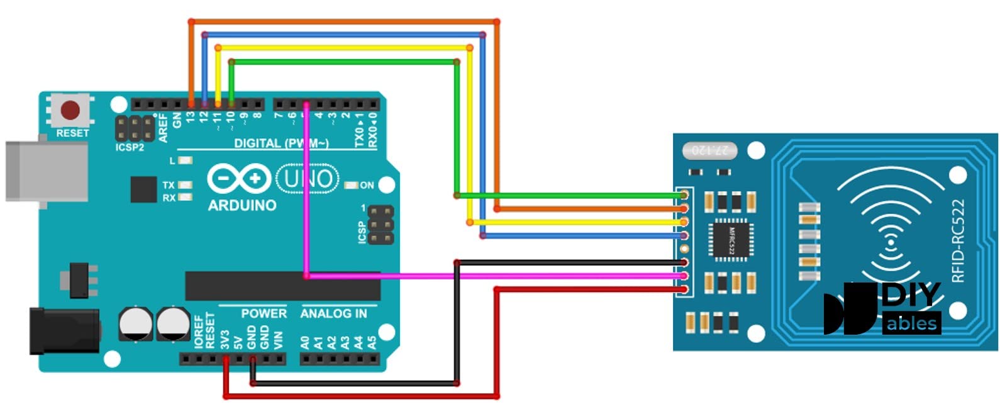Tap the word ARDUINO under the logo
pos(242,205)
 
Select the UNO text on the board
pos(308,179)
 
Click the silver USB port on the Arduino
pos(46,171)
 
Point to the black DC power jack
pos(65,330)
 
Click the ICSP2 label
pos(130,147)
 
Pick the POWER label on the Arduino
pos(264,313)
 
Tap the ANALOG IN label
pos(333,313)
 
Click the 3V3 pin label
pos(225,339)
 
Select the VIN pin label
pos(278,339)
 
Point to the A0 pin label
pos(305,342)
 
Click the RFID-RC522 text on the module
pos(957,241)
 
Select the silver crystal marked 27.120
pos(709,150)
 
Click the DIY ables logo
pos(882,308)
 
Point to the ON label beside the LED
pos(367,185)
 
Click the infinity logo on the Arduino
pos(239,179)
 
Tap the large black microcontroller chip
pos(282,287)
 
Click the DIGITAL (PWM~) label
pos(281,143)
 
